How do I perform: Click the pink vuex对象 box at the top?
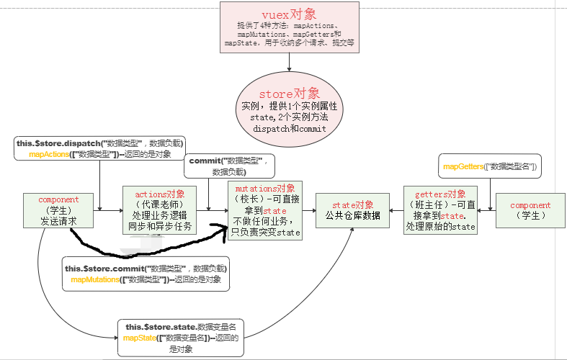[x=289, y=27]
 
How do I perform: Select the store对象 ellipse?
[x=290, y=108]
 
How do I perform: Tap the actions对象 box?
[x=160, y=210]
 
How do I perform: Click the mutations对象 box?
[x=265, y=210]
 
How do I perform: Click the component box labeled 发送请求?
[x=58, y=210]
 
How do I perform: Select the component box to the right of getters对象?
[x=530, y=210]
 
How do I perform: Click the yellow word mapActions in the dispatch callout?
[x=49, y=154]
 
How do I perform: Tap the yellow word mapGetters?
[x=462, y=167]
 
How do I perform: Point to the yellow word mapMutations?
[x=96, y=279]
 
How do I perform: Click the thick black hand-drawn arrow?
[x=144, y=248]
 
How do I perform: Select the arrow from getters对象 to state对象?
[x=396, y=210]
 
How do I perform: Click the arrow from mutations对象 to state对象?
[x=310, y=210]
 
